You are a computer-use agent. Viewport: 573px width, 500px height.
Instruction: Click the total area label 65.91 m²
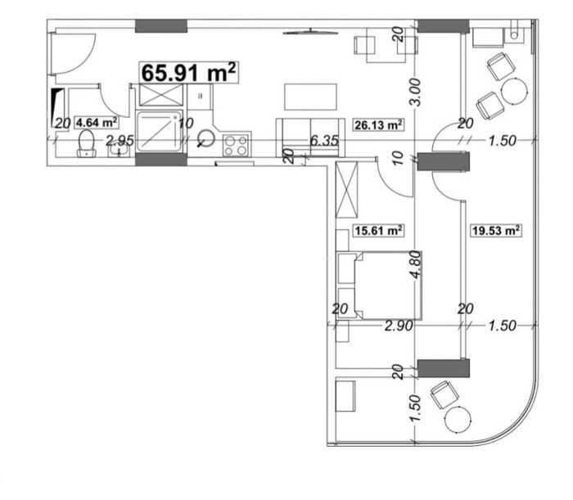tap(188, 72)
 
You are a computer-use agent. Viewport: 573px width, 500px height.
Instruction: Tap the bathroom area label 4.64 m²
tap(97, 123)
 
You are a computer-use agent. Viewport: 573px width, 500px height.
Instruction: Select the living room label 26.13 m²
tap(378, 125)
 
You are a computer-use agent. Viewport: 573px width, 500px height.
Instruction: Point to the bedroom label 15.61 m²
tap(378, 231)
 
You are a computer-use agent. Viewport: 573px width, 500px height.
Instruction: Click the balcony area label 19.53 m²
tap(496, 231)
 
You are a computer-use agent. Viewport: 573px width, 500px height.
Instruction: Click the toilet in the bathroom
tap(87, 143)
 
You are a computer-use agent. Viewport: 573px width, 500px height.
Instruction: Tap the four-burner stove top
tap(236, 146)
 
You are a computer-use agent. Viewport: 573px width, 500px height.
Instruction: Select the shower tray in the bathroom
tap(160, 132)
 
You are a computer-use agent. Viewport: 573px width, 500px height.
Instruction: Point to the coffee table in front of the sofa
tap(310, 97)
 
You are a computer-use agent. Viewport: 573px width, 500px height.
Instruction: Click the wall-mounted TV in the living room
tap(310, 32)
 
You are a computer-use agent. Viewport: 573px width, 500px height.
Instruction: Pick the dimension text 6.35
tap(324, 141)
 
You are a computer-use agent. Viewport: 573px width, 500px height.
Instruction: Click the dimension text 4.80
tap(416, 264)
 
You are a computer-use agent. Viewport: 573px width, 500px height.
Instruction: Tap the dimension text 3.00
tap(416, 92)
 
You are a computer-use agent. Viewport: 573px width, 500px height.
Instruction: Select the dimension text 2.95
tap(120, 141)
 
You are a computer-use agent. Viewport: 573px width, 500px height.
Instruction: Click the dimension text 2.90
tap(399, 326)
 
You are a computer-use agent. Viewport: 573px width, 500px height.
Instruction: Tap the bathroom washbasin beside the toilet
tap(119, 151)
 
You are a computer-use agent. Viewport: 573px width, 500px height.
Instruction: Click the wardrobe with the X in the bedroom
tap(346, 190)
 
